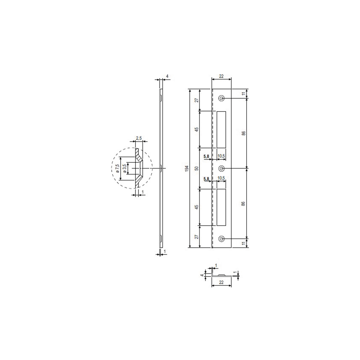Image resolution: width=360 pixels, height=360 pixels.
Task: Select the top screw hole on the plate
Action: (x=222, y=98)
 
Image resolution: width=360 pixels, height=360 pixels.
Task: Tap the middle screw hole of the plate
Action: (x=222, y=168)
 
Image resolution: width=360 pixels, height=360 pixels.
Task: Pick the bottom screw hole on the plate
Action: (x=222, y=238)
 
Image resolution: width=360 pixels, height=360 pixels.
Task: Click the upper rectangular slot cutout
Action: (x=221, y=129)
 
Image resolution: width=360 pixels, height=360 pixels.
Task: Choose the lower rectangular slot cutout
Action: (x=221, y=207)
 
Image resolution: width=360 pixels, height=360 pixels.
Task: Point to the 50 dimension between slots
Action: (x=196, y=168)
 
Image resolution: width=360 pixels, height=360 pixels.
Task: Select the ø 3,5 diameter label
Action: (x=125, y=168)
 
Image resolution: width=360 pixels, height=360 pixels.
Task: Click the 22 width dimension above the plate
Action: (x=221, y=76)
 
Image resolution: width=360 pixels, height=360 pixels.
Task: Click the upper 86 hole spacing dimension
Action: (x=244, y=133)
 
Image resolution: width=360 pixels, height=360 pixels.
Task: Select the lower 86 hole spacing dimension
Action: (x=244, y=203)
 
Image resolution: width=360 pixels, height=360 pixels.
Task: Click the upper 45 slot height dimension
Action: (x=196, y=129)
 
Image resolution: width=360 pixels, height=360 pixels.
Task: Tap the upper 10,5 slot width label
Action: (x=222, y=156)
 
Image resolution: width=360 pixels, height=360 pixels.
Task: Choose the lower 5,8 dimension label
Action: (x=207, y=179)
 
